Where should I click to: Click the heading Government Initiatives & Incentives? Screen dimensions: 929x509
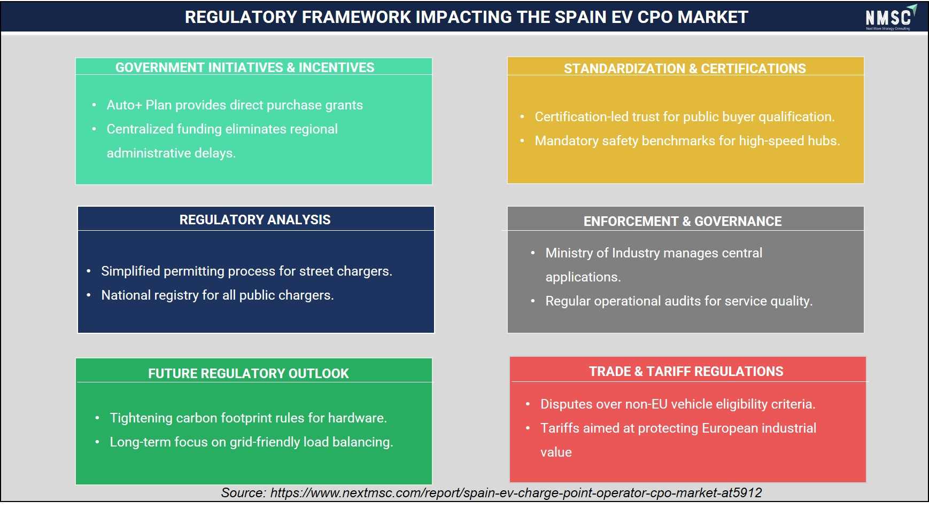pyautogui.click(x=245, y=67)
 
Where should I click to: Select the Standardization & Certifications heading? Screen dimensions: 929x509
pyautogui.click(x=685, y=68)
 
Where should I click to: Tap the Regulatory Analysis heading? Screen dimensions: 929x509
pyautogui.click(x=255, y=220)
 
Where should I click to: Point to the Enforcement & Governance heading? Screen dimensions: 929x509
pyautogui.click(x=683, y=221)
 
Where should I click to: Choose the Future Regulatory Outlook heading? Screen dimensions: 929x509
pyautogui.click(x=249, y=373)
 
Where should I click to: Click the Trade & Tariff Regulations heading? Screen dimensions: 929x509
pyautogui.click(x=686, y=371)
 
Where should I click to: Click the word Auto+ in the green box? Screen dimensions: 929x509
pyautogui.click(x=125, y=105)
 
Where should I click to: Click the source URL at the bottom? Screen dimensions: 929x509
pyautogui.click(x=516, y=492)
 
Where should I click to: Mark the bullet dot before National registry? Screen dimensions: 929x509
pyautogui.click(x=89, y=295)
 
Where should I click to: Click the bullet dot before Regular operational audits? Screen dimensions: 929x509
pyautogui.click(x=532, y=301)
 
